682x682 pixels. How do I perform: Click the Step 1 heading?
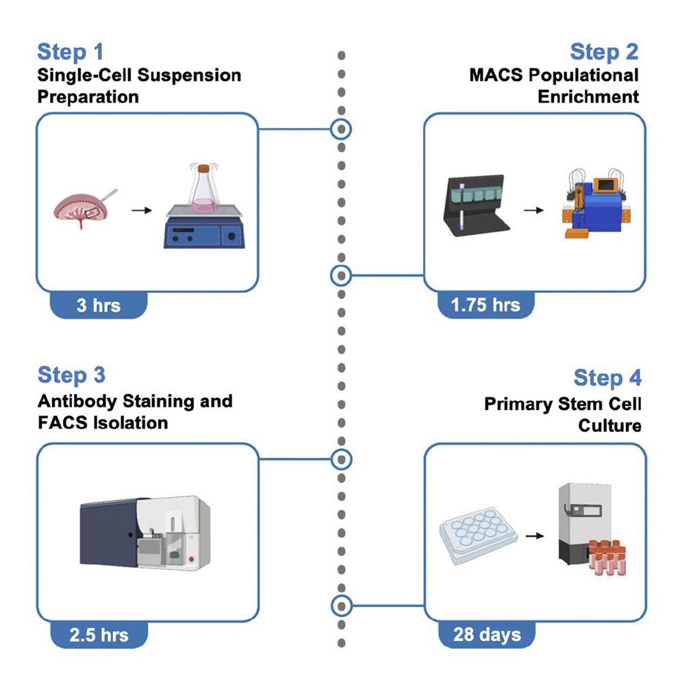(x=71, y=52)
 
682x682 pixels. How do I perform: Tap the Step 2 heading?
(x=603, y=52)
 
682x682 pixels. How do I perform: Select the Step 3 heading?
(x=72, y=375)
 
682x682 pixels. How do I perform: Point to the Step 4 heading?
(x=607, y=378)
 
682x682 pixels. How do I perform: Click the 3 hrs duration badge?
(x=99, y=305)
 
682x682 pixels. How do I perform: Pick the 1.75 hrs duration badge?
(x=485, y=305)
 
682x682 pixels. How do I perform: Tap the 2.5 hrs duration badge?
(x=99, y=633)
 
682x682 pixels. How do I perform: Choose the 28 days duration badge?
(x=487, y=633)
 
